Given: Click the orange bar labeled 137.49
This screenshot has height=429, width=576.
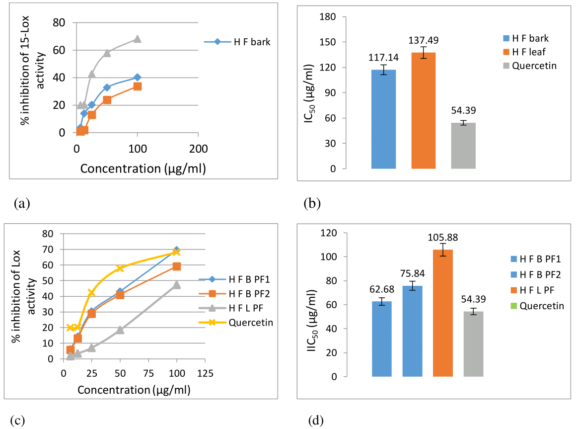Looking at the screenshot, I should pyautogui.click(x=424, y=110).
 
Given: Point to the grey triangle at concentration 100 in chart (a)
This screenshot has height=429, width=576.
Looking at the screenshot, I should pyautogui.click(x=138, y=39).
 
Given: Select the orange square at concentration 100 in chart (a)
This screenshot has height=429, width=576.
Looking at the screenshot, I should pyautogui.click(x=138, y=86).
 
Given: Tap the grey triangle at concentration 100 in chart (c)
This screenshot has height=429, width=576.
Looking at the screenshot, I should pyautogui.click(x=177, y=285).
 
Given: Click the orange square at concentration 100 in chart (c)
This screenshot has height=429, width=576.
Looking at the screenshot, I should pyautogui.click(x=177, y=266).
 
